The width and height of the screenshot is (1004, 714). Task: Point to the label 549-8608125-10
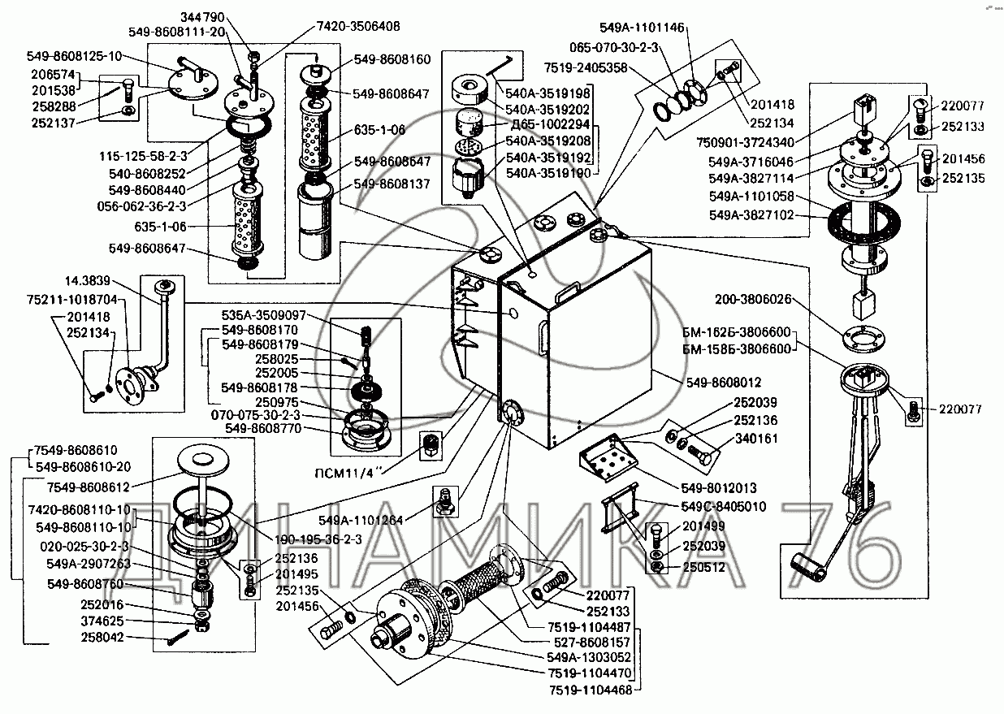click(x=74, y=56)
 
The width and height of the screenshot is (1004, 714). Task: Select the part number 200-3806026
click(x=752, y=299)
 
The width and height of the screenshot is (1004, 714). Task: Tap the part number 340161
click(x=756, y=439)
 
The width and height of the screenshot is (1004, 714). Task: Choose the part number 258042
click(x=105, y=638)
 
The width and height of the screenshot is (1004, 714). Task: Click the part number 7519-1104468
click(x=588, y=690)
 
